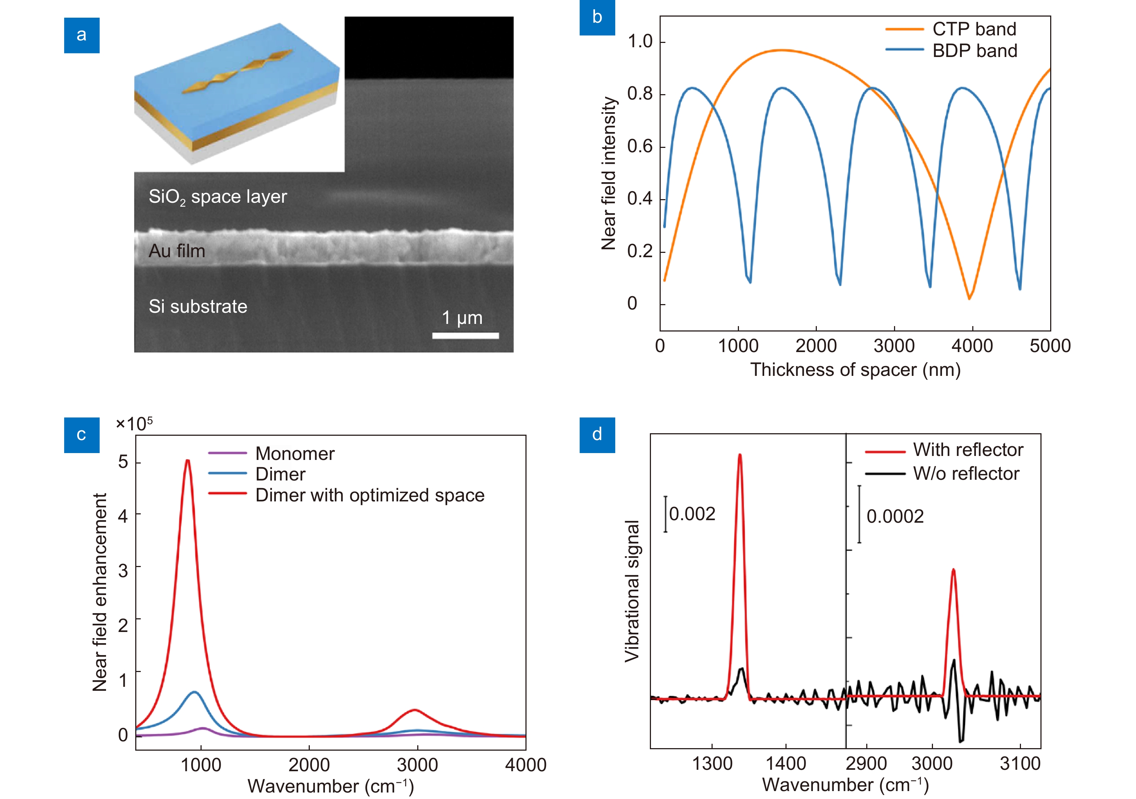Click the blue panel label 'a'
(x=82, y=35)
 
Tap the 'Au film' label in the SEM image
(x=177, y=251)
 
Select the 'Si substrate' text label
(x=198, y=306)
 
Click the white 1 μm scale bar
(x=465, y=335)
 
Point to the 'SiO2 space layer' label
(x=218, y=197)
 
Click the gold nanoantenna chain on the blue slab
(x=238, y=72)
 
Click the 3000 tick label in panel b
(x=894, y=346)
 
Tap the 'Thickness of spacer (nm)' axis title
(x=855, y=370)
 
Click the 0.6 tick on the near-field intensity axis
(x=640, y=146)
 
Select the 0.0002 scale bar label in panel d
(x=894, y=516)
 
